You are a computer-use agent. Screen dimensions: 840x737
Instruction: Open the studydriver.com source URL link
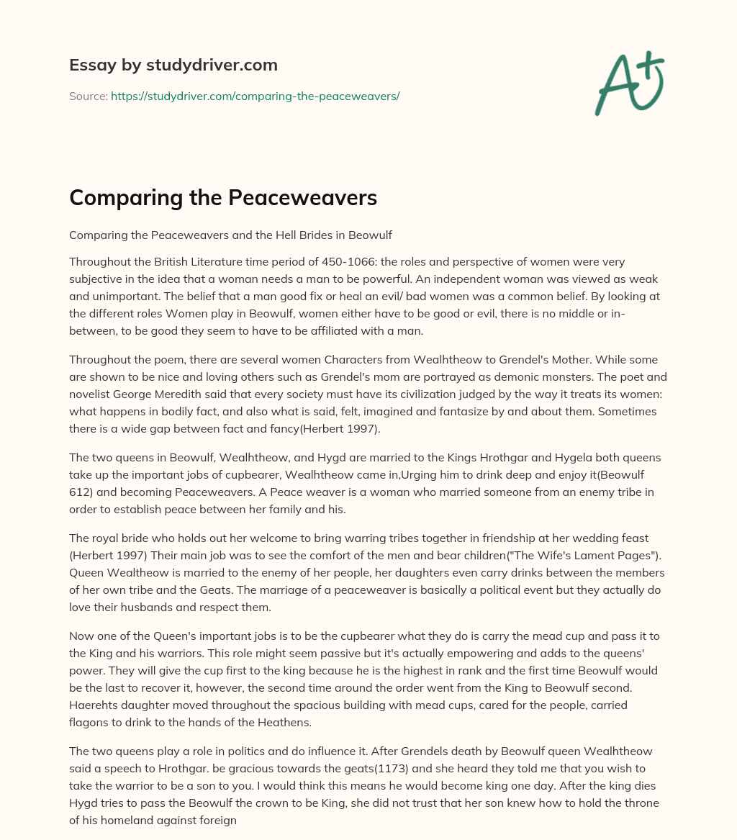255,96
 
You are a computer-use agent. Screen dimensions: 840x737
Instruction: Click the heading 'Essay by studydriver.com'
173,65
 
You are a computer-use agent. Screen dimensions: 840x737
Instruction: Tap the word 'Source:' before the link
88,96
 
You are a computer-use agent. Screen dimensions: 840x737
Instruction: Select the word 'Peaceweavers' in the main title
302,198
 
